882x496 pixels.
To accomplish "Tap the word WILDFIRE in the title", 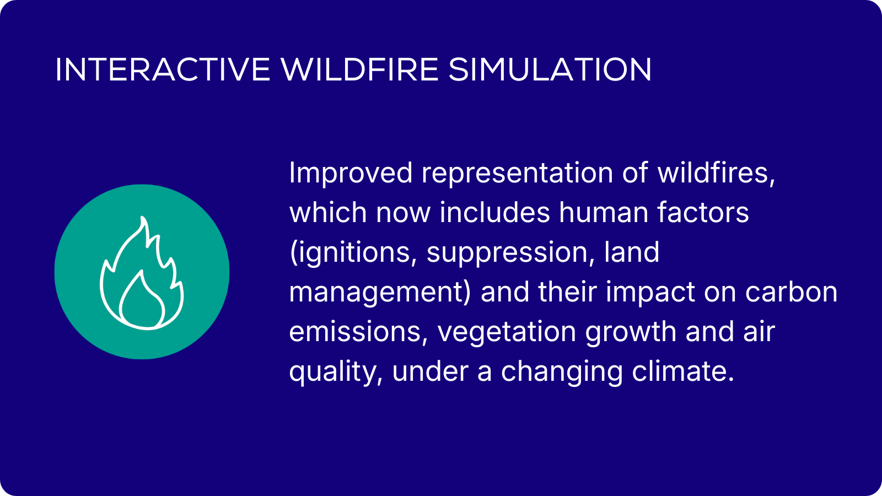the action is [x=359, y=69].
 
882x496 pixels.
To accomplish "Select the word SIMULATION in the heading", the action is [x=550, y=69].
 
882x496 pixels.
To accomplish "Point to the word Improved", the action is [x=351, y=173].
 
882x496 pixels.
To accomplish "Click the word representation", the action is [x=518, y=173].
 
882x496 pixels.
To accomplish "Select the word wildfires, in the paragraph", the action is [x=716, y=172].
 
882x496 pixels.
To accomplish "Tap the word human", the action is [x=603, y=212].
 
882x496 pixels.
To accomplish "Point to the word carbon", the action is [x=791, y=292].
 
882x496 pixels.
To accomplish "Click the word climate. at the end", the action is [x=683, y=371].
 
